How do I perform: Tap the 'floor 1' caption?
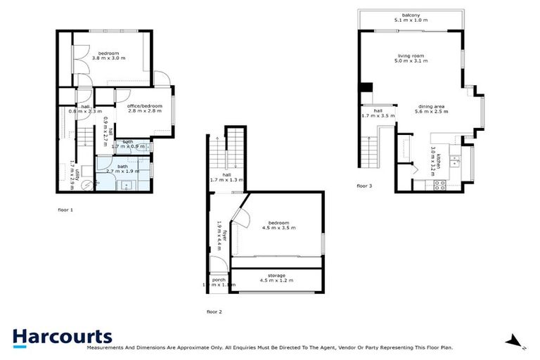65,210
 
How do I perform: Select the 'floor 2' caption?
214,311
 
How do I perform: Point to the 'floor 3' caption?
364,186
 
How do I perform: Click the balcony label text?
411,15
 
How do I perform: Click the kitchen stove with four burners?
441,185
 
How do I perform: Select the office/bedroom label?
145,105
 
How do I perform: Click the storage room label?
276,275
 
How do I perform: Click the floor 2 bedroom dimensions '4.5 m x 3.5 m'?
279,228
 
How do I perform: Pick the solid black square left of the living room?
366,87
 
